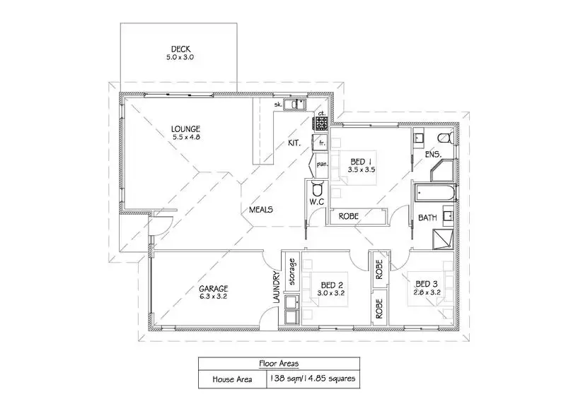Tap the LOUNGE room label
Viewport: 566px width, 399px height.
tap(185, 129)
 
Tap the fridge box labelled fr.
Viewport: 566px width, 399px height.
tap(322, 142)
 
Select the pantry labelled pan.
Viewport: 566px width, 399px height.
tap(321, 165)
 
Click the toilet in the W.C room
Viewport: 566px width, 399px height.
tap(317, 189)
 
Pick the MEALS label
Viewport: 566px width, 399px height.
tap(261, 210)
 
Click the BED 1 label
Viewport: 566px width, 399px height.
tap(362, 161)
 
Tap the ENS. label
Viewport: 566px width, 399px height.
tap(433, 154)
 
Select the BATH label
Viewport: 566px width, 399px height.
tap(427, 218)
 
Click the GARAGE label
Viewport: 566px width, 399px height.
tap(213, 288)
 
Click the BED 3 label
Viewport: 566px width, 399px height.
tap(426, 285)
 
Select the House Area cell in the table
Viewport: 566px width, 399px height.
tap(232, 379)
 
